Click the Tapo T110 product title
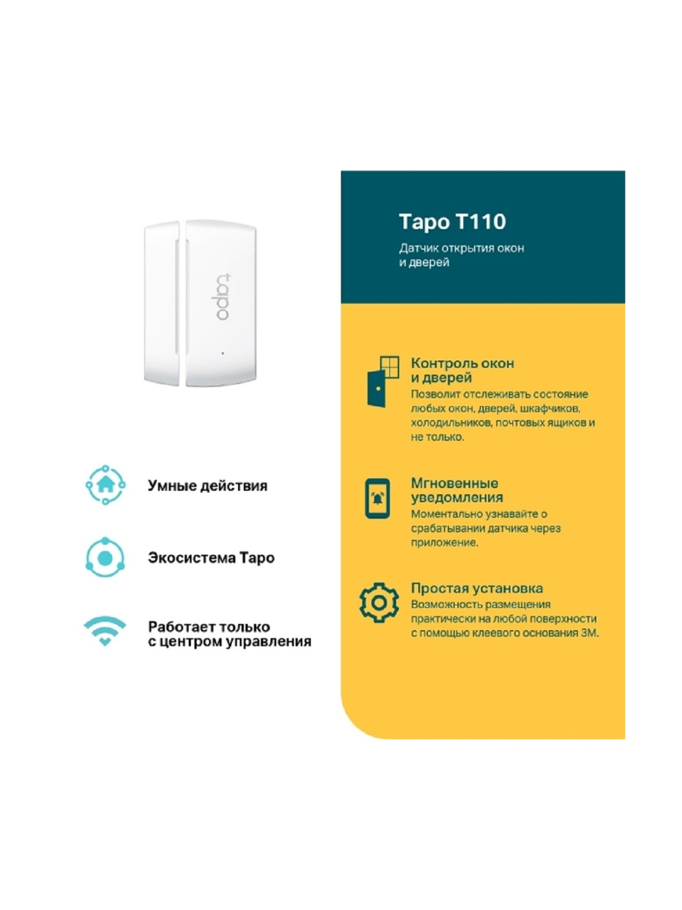pos(452,222)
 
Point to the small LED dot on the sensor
pos(223,353)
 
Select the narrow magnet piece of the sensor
pos(162,303)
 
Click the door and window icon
pos(383,381)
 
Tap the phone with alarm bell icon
pos(378,498)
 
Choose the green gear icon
pos(379,602)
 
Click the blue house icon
pos(105,485)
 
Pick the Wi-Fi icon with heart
pos(104,631)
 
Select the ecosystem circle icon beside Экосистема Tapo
pos(105,558)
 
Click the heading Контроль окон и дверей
pos(462,370)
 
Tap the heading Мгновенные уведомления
pos(456,490)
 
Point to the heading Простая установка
pos(477,588)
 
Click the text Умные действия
pos(207,486)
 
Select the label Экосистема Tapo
pos(211,558)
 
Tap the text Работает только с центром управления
pos(229,634)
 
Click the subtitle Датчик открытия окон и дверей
pos(461,255)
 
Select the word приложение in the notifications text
pos(443,543)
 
